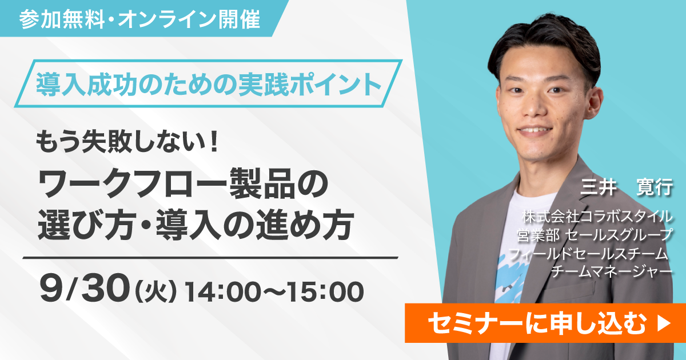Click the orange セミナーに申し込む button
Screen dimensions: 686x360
545,323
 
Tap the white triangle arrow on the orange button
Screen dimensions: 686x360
664,323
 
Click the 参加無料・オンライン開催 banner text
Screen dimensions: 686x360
139,19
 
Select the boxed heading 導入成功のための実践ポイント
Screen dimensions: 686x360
209,84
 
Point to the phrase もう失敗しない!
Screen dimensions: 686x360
127,142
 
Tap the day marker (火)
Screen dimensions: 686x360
156,292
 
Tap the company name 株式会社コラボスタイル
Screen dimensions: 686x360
597,217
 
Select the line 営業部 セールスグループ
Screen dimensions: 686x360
595,235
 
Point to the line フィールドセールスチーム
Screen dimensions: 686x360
588,254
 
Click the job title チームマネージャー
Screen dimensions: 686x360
612,271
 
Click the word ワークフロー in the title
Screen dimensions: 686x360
132,183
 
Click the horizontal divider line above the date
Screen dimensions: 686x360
210,258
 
